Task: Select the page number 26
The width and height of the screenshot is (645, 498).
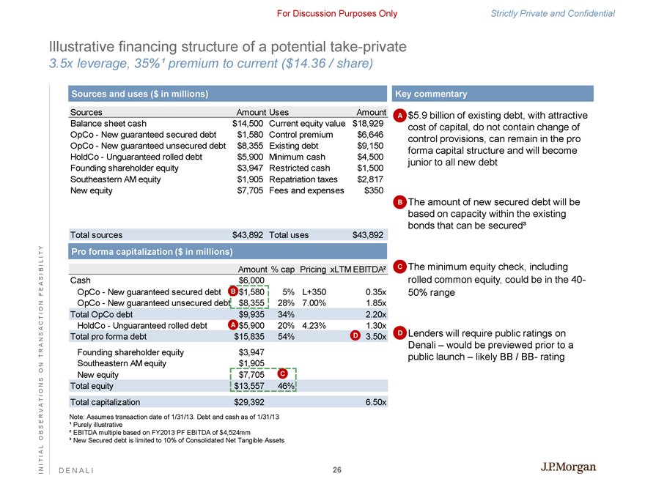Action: click(336, 470)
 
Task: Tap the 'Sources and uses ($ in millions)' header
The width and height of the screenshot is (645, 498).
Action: click(139, 94)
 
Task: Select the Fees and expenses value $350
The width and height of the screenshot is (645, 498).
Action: click(375, 190)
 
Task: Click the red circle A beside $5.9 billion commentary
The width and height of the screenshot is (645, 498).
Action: click(399, 116)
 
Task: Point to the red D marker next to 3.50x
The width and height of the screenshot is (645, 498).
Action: click(355, 336)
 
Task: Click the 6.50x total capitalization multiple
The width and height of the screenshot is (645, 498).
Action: click(375, 402)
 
